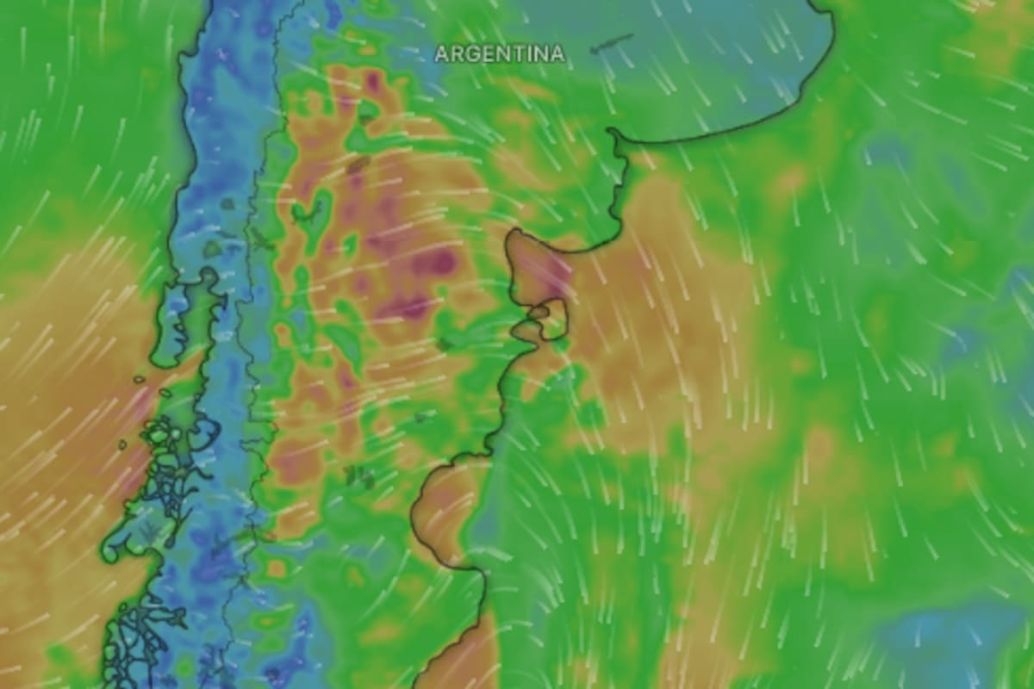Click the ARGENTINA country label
coord(500,53)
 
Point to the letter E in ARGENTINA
coord(485,53)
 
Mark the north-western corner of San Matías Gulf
coord(514,234)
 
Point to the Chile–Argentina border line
coord(258,344)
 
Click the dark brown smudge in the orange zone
coord(358,164)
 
